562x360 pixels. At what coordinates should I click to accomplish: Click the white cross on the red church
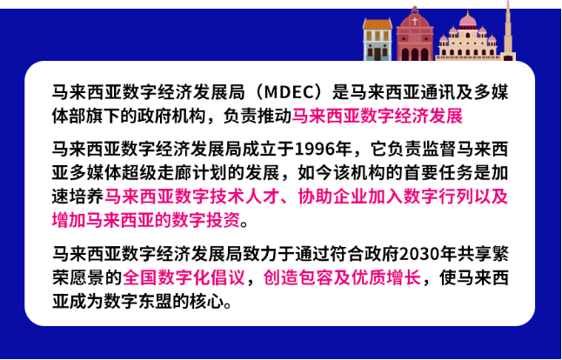415,20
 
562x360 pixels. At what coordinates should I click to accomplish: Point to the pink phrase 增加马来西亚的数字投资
143,218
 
